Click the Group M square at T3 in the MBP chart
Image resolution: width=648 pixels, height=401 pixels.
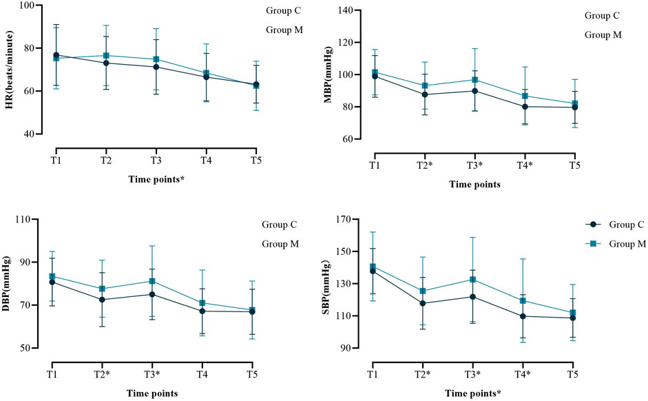point(474,80)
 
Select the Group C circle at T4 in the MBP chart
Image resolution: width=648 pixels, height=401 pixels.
point(525,106)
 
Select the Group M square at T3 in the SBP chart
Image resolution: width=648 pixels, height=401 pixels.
point(474,279)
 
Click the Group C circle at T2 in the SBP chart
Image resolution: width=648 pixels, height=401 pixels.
point(424,303)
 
